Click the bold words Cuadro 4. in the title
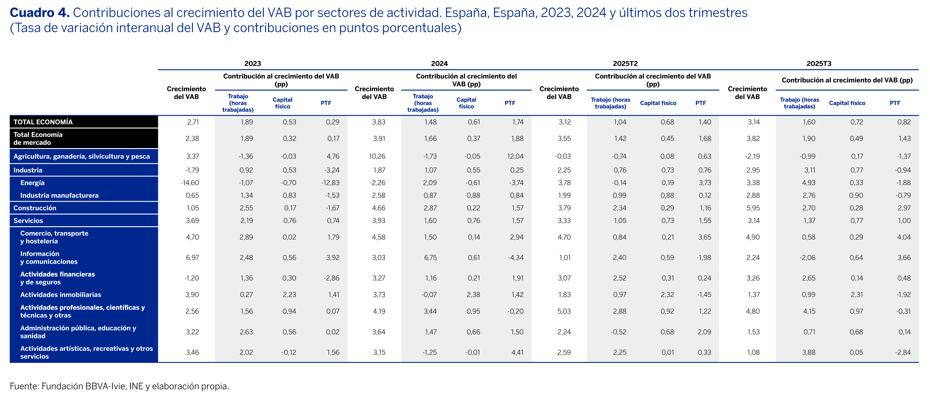pos(39,13)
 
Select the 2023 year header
pos(252,63)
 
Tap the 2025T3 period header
pos(819,63)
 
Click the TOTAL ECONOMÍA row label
pos(43,122)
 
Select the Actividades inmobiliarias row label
pos(61,295)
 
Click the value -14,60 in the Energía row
pos(190,183)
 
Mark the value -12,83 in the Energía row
pos(330,183)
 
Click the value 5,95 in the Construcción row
pos(753,208)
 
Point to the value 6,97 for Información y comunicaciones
pos(192,258)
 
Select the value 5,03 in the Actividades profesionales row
pos(564,311)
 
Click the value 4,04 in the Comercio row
pos(904,237)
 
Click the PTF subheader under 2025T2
pos(701,103)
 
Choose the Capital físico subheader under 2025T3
pos(847,103)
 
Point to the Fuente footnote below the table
pos(119,386)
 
